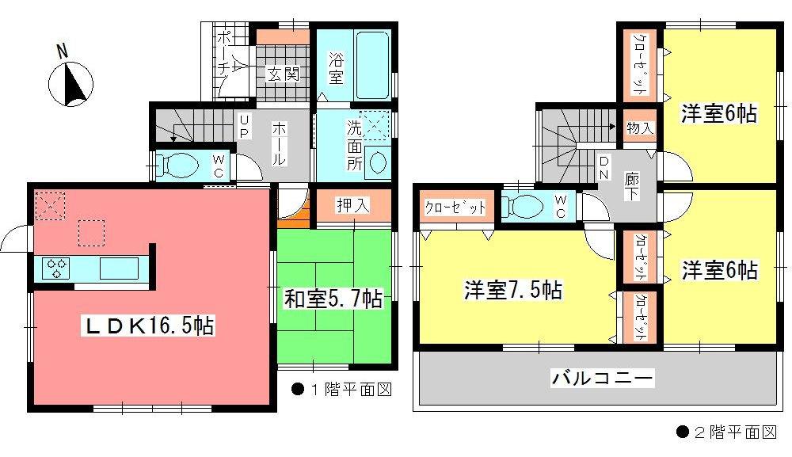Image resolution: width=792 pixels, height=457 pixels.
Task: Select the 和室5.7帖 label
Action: coord(333,299)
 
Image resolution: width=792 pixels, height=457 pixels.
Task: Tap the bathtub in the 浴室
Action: coord(371,63)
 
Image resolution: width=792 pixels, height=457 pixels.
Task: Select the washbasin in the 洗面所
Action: coord(378,162)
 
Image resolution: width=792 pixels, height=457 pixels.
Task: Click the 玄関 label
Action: coord(283,74)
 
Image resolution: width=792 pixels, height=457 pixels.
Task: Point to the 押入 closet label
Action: coord(353,205)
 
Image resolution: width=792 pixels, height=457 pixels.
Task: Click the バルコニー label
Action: coord(603,379)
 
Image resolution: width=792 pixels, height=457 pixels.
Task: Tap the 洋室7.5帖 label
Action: coord(513,290)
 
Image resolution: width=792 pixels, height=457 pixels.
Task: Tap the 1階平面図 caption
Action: coord(341,390)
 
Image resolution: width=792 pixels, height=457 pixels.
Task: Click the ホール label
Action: coord(280,143)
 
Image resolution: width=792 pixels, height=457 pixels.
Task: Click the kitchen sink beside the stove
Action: coord(118,268)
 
